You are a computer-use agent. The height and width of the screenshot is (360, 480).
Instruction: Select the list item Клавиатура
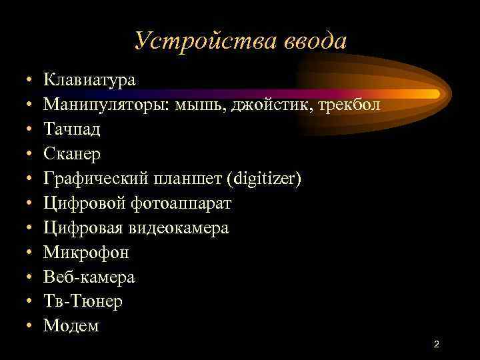coord(89,81)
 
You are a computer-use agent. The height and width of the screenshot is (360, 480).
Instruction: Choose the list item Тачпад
coord(71,129)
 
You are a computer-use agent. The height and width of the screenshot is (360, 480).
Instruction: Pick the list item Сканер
coord(73,154)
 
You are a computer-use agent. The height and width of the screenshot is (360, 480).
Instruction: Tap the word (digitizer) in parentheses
coord(265,179)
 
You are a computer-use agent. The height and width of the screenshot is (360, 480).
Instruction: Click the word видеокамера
coord(183,228)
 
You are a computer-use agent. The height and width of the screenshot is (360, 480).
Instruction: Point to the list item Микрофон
coord(86,253)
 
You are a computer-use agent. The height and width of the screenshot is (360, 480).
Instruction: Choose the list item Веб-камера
coord(89,277)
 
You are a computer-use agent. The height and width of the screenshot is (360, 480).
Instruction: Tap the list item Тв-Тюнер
coord(83,301)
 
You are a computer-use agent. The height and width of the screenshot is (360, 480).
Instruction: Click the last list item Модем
coord(71,326)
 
